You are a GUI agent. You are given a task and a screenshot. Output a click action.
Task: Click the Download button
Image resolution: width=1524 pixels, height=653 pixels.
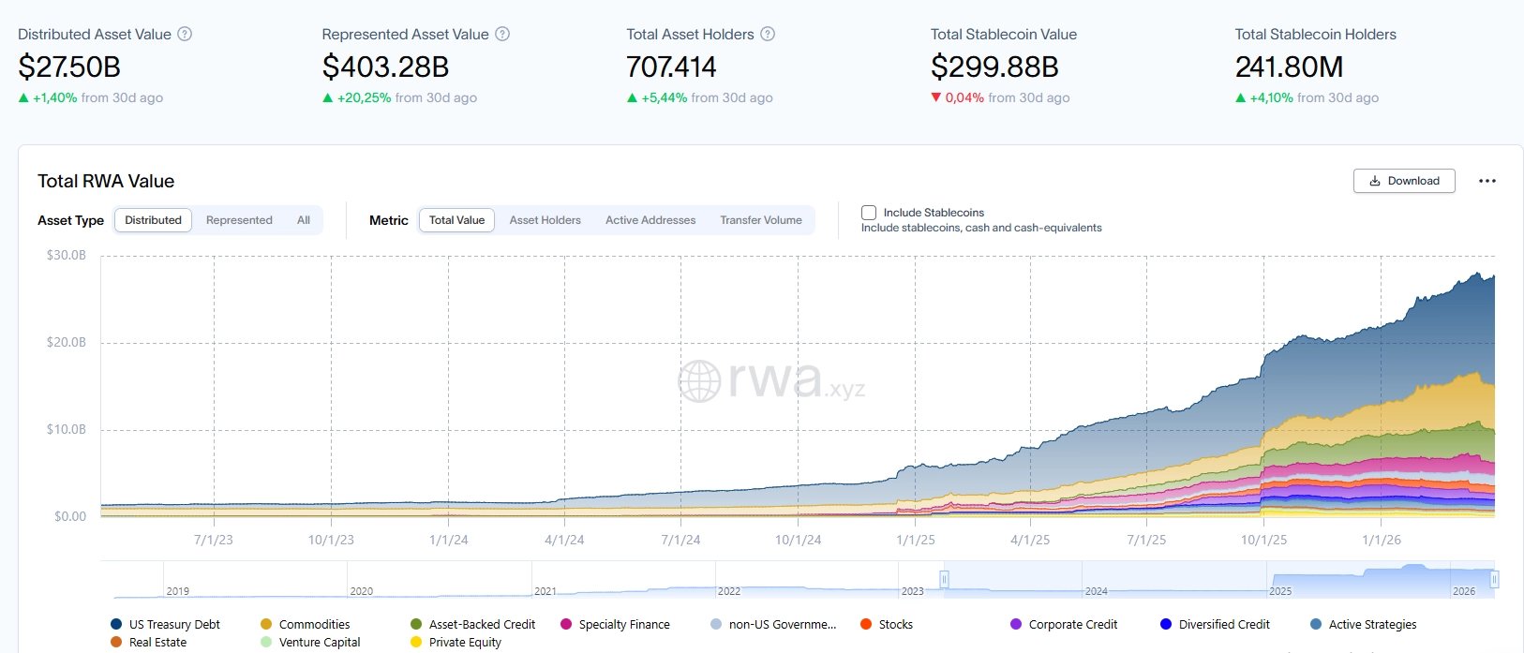1403,181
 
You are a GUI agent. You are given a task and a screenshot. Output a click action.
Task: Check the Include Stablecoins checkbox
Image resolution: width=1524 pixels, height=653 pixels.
869,213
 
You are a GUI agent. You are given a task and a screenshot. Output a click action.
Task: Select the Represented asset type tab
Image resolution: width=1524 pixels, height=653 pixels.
239,220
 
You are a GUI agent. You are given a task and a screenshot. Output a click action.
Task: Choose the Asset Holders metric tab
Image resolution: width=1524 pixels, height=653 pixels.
545,220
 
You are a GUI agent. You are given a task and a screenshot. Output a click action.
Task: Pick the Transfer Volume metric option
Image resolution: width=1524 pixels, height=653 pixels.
760,220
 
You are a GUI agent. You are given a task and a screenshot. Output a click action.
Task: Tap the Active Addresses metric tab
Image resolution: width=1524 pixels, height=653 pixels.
650,220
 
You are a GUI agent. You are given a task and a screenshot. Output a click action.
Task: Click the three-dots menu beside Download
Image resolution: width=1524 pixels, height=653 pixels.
1487,181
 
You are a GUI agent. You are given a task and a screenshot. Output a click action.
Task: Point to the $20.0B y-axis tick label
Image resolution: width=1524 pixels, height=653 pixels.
67,342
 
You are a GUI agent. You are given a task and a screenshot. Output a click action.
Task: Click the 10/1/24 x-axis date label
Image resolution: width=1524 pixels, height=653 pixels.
798,540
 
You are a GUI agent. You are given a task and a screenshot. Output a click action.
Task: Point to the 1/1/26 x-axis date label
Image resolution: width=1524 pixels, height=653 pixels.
1381,540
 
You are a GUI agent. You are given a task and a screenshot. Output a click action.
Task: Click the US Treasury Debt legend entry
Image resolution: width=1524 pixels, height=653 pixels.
174,624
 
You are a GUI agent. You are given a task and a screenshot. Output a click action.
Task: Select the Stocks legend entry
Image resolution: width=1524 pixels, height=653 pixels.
895,624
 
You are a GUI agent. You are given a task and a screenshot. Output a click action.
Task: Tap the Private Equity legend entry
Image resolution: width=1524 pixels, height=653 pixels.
465,642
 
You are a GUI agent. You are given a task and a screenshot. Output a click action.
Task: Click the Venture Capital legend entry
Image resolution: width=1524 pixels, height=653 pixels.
319,642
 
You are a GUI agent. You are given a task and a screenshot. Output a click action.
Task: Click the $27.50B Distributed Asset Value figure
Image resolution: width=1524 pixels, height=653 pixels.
69,67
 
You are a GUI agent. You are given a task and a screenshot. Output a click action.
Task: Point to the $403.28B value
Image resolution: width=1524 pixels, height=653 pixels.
385,67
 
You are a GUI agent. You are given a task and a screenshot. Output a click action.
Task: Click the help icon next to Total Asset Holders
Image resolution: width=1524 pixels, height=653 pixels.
768,34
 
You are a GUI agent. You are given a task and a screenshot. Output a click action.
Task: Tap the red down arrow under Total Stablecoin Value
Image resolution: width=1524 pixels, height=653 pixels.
935,97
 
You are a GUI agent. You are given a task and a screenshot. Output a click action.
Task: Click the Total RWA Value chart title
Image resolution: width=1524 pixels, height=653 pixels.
106,181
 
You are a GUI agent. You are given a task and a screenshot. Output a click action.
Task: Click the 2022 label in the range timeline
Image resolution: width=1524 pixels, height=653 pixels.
729,591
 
